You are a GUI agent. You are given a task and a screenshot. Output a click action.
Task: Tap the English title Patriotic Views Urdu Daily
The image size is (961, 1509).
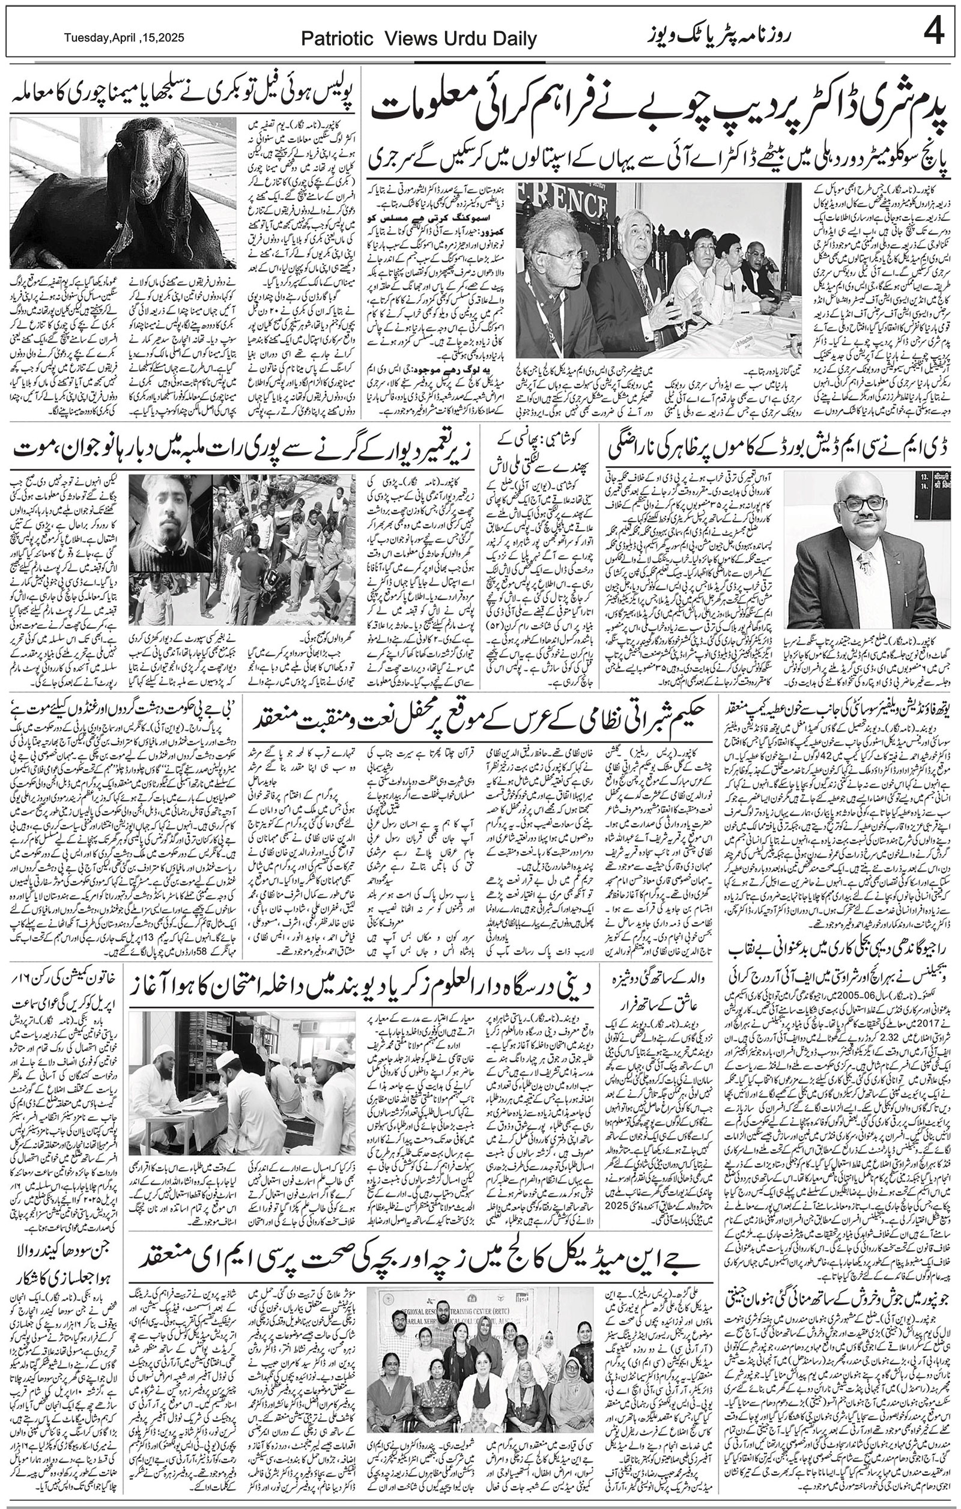[419, 40]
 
